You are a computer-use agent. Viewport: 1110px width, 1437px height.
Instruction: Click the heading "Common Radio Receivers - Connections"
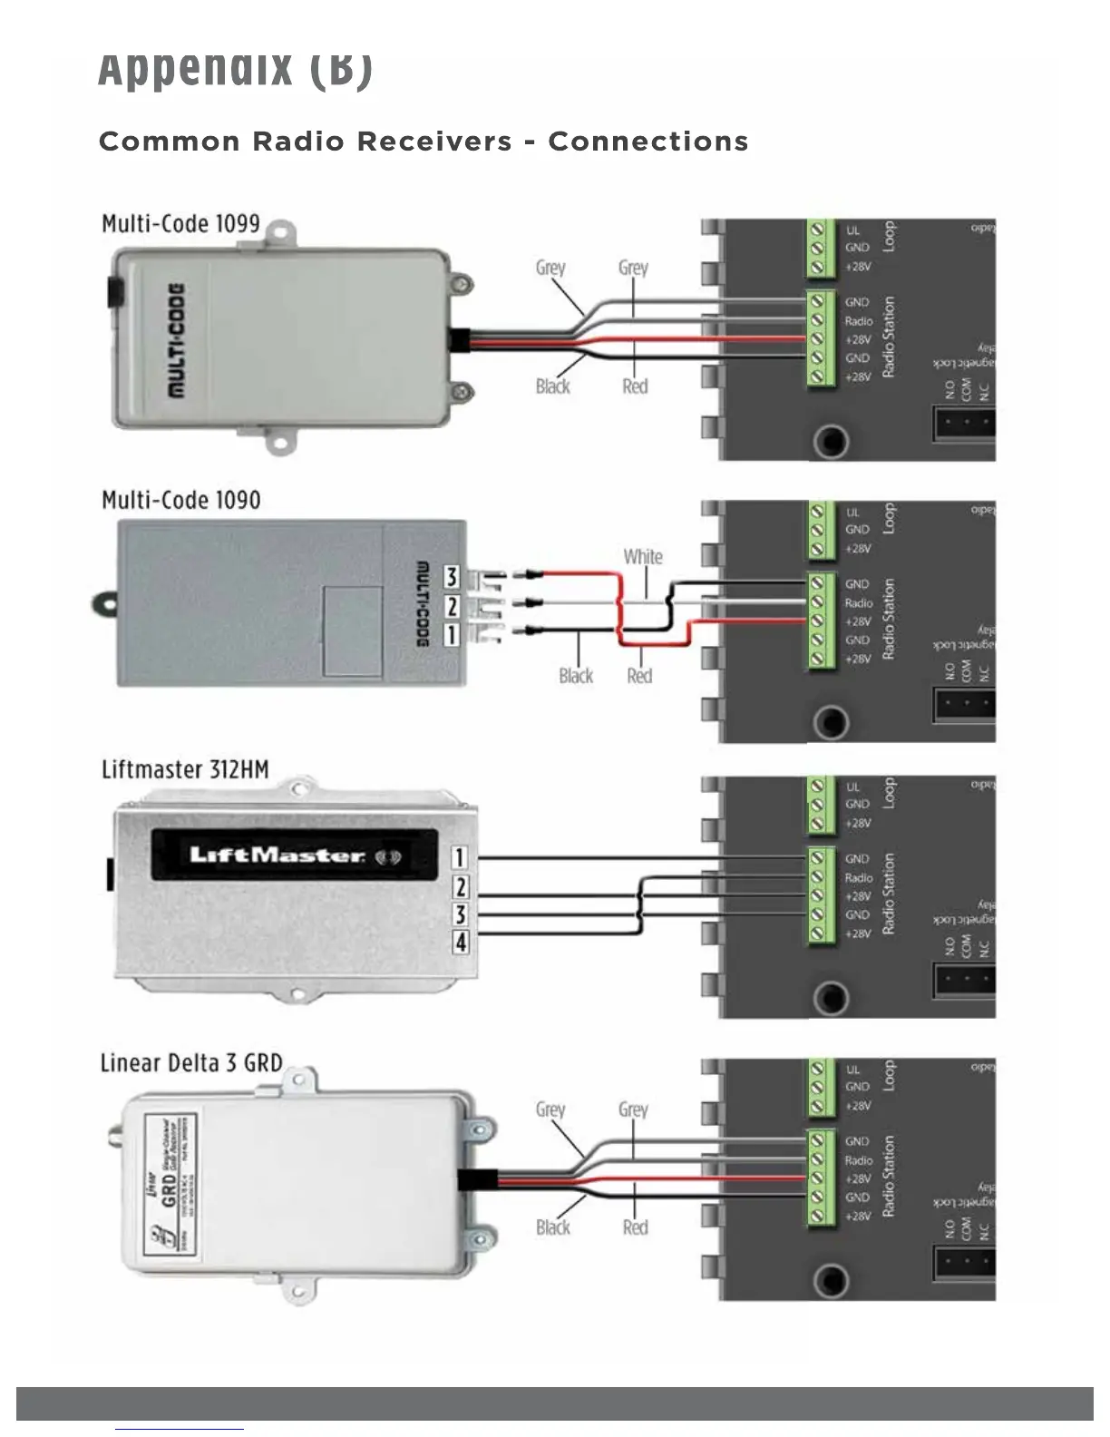coord(424,142)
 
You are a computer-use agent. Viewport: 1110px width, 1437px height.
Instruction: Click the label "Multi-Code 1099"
coord(180,224)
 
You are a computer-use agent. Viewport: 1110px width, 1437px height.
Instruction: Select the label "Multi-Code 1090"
coord(180,500)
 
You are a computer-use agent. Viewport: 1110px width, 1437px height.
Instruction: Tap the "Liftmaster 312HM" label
coord(185,769)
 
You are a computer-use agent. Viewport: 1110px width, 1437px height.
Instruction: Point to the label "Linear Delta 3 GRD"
coord(190,1062)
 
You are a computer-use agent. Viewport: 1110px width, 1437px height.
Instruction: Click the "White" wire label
coord(642,556)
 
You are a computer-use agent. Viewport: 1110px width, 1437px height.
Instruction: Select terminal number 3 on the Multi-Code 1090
coord(451,577)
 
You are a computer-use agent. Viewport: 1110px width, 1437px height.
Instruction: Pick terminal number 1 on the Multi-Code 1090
coord(451,634)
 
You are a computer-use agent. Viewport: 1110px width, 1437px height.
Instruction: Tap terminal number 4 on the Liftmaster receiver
coord(461,943)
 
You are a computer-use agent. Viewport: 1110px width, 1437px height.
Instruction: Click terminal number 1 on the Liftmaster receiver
coord(461,857)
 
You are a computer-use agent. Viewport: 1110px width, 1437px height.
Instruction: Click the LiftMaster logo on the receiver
coord(277,855)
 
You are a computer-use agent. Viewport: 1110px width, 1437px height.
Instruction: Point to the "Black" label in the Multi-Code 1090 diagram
coord(576,676)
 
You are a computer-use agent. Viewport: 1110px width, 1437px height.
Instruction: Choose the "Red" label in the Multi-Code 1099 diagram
coord(635,386)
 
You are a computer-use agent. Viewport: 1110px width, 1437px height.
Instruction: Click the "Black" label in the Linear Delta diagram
coord(553,1227)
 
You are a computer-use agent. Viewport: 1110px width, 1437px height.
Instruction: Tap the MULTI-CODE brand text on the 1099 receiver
coord(176,339)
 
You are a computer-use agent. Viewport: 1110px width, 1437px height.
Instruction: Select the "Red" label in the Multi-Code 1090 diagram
coord(639,676)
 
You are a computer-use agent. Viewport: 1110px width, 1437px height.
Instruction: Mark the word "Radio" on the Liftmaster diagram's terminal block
coord(858,877)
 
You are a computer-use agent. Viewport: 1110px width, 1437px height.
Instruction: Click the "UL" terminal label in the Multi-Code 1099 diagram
coord(852,230)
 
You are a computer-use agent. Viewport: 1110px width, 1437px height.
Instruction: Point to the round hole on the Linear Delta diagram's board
coord(831,1281)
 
